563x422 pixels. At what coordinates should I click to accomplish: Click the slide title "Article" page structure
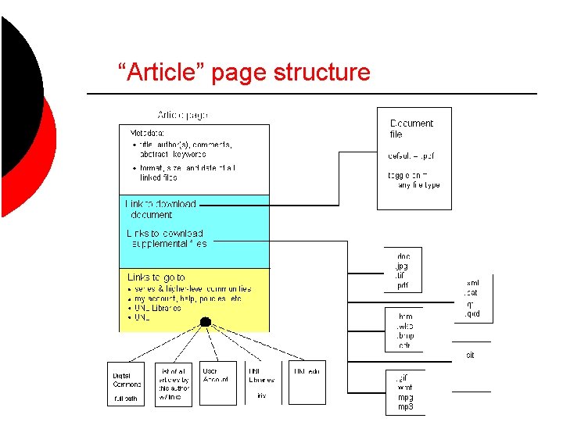coord(243,73)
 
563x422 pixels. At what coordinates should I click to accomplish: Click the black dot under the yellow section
coord(205,321)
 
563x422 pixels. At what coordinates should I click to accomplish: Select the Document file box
coord(414,158)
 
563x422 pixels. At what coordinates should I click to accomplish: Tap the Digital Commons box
coord(126,384)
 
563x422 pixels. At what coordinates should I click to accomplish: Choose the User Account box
coord(217,383)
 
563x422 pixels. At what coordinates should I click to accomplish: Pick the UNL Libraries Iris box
coord(262,383)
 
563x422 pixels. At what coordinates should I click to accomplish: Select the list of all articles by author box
coord(172,384)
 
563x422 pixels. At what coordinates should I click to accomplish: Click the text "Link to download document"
coord(160,209)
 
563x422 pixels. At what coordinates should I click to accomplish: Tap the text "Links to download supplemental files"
coord(166,238)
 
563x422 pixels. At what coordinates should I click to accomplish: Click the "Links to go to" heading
coord(156,277)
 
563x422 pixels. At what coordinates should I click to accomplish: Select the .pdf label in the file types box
coord(403,286)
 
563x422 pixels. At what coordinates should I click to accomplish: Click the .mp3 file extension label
coord(404,407)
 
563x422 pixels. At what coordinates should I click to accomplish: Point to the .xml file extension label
coord(472,284)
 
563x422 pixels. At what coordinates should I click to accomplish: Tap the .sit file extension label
coord(470,355)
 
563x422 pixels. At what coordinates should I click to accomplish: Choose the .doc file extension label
coord(403,256)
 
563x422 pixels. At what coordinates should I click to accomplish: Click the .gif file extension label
coord(402,378)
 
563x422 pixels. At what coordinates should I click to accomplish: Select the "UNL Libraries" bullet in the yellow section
coord(158,308)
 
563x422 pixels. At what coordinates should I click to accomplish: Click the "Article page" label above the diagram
coord(183,115)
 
